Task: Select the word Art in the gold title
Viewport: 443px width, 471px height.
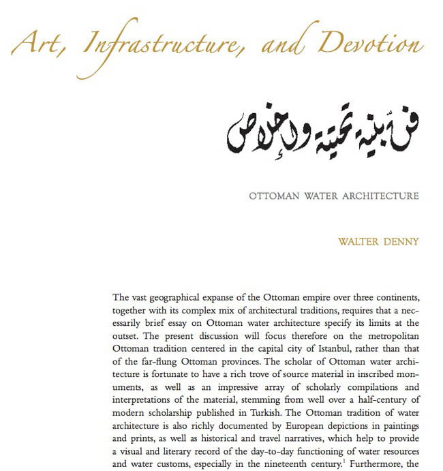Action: [x=37, y=46]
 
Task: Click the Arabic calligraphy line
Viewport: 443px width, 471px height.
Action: [x=321, y=129]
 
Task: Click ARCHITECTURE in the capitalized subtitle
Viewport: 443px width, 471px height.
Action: [x=379, y=197]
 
